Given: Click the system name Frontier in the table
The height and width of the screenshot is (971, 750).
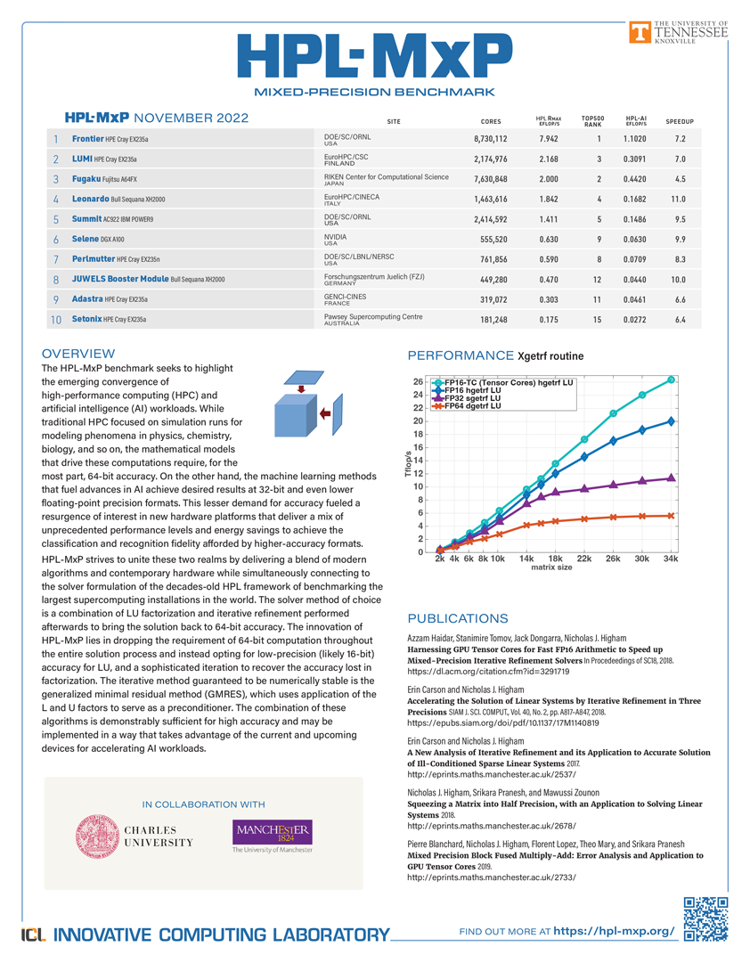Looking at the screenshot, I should pyautogui.click(x=88, y=139).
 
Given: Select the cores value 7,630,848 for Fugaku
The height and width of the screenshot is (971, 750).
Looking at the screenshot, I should pyautogui.click(x=490, y=179).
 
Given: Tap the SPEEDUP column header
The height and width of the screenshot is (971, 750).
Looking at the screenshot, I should pyautogui.click(x=679, y=121).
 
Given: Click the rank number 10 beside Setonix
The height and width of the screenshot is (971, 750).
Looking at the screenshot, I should pyautogui.click(x=55, y=319).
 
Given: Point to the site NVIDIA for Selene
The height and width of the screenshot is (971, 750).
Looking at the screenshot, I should pyautogui.click(x=336, y=237).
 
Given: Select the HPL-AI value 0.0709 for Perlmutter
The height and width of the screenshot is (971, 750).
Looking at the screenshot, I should pyautogui.click(x=633, y=259).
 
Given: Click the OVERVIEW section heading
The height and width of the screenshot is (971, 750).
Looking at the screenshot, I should pyautogui.click(x=78, y=354).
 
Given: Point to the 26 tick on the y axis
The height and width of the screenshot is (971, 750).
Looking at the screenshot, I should pyautogui.click(x=418, y=382).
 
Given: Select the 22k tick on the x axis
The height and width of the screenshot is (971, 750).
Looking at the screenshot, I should pyautogui.click(x=583, y=559).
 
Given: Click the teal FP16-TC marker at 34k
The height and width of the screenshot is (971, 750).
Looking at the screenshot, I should pyautogui.click(x=671, y=380).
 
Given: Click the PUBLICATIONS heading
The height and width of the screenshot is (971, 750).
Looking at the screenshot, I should pyautogui.click(x=457, y=618).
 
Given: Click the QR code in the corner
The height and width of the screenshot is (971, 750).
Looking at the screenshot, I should pyautogui.click(x=705, y=919).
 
